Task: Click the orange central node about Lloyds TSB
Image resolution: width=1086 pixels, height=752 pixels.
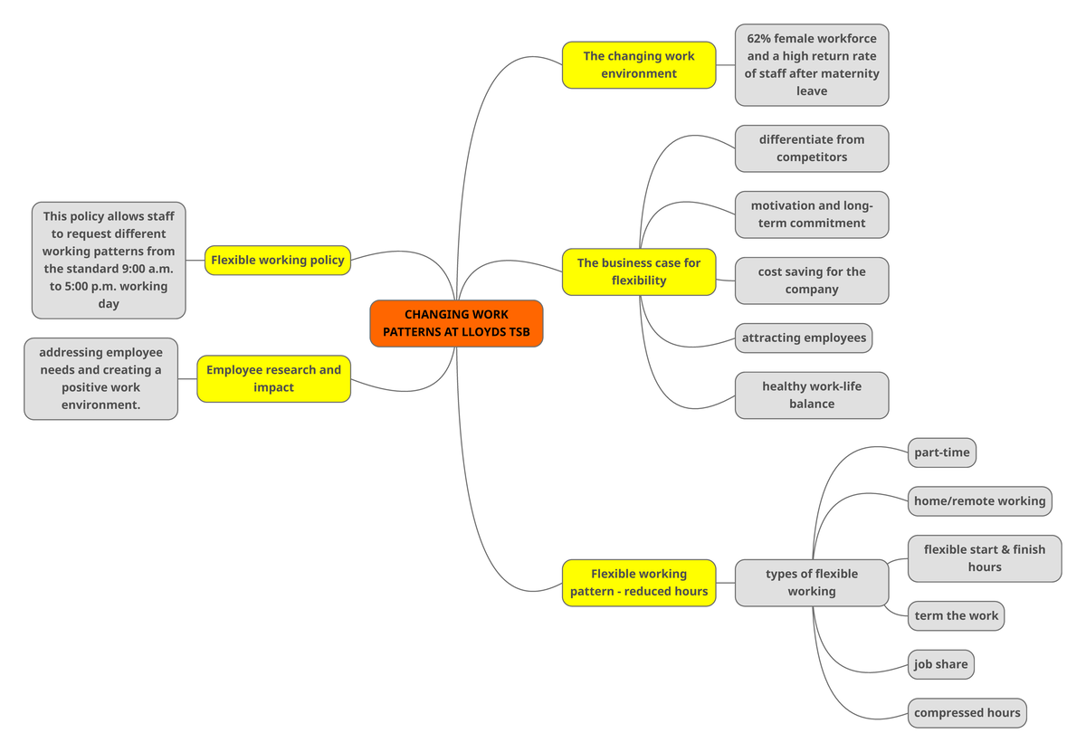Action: click(456, 324)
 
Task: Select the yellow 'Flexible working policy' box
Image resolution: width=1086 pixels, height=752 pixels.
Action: click(277, 261)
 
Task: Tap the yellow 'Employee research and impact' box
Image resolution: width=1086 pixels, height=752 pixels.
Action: click(273, 378)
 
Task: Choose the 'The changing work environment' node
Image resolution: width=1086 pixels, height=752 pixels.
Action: click(638, 65)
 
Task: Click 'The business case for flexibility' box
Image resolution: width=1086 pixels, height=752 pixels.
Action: click(638, 271)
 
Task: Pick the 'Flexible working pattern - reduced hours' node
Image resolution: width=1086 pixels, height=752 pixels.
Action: click(638, 583)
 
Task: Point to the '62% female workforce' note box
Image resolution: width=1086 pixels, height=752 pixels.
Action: click(811, 65)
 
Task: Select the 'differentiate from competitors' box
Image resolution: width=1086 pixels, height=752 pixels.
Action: click(811, 148)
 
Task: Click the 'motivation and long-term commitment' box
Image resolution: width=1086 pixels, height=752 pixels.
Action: click(811, 214)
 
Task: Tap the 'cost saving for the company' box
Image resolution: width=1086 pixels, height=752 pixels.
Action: click(811, 281)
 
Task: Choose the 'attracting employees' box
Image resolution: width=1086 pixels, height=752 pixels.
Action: click(804, 338)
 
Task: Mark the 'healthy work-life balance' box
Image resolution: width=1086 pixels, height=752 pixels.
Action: click(811, 395)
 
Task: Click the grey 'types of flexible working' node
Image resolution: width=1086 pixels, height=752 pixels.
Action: click(811, 583)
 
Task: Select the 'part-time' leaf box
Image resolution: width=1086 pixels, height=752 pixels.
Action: click(941, 452)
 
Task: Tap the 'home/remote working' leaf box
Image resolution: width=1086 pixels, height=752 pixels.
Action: click(979, 501)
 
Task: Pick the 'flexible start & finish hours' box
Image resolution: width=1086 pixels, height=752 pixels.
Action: click(984, 558)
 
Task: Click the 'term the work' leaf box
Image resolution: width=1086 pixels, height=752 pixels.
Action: click(956, 616)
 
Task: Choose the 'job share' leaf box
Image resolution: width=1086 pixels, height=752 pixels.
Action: click(940, 664)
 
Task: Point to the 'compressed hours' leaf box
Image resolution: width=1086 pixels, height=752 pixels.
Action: click(967, 713)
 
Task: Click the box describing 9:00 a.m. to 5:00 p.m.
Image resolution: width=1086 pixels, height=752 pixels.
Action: click(109, 261)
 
